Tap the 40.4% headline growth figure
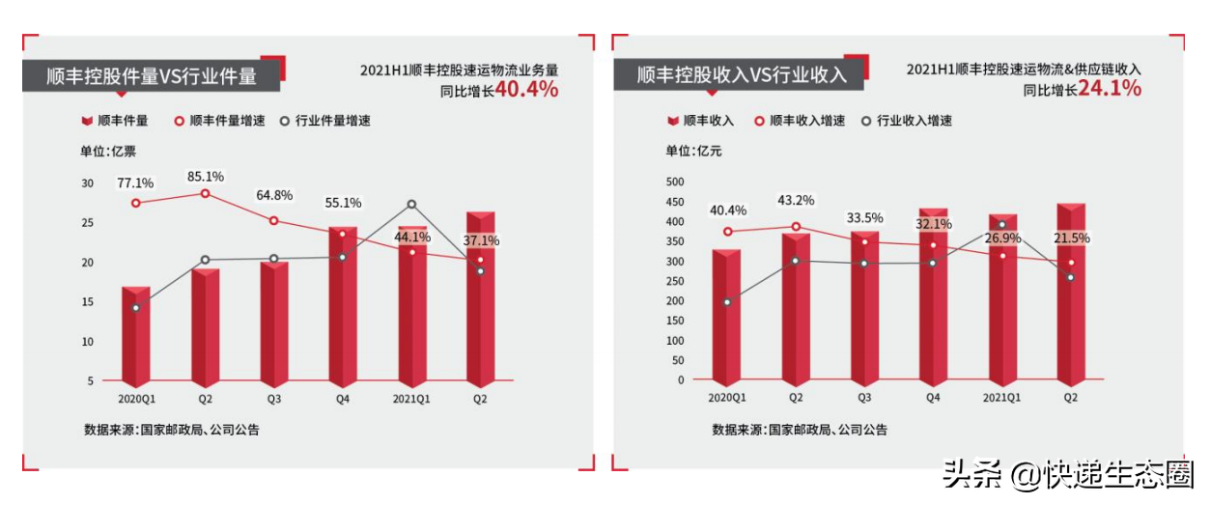click(x=527, y=90)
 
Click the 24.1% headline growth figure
click(x=1110, y=89)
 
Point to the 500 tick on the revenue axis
click(x=675, y=182)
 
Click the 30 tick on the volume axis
click(x=88, y=183)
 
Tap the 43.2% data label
click(x=796, y=201)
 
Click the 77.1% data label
click(x=135, y=182)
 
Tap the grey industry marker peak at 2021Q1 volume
click(x=411, y=205)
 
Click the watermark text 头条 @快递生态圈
click(x=1069, y=475)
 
